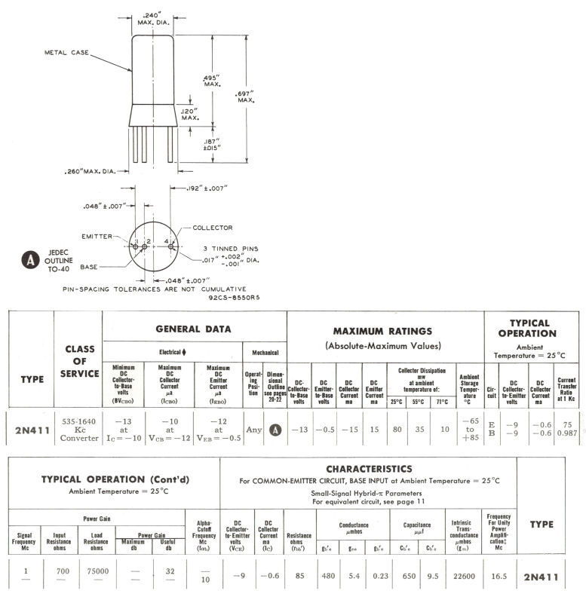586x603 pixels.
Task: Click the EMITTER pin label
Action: click(x=100, y=236)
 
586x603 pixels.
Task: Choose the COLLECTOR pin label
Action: click(x=213, y=228)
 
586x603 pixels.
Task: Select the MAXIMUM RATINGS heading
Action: click(x=382, y=331)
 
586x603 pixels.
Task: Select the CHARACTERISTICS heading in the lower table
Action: click(x=368, y=468)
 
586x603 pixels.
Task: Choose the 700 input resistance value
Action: click(x=63, y=571)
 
